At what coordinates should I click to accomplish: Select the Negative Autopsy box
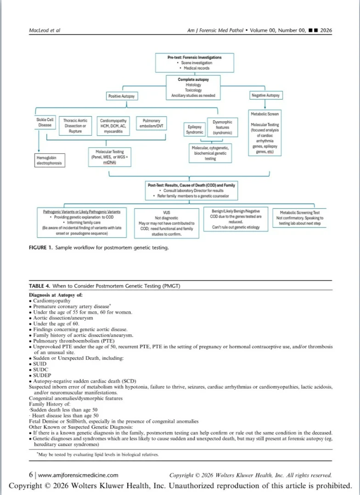click(x=266, y=96)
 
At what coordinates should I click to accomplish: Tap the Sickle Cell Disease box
click(x=45, y=122)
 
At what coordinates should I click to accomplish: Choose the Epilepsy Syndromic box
click(x=194, y=129)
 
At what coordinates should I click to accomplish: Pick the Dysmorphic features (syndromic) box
click(x=222, y=128)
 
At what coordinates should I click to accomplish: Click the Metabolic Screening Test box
click(x=300, y=218)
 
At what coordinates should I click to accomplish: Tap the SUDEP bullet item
click(x=40, y=376)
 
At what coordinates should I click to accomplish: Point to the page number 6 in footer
click(x=30, y=475)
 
